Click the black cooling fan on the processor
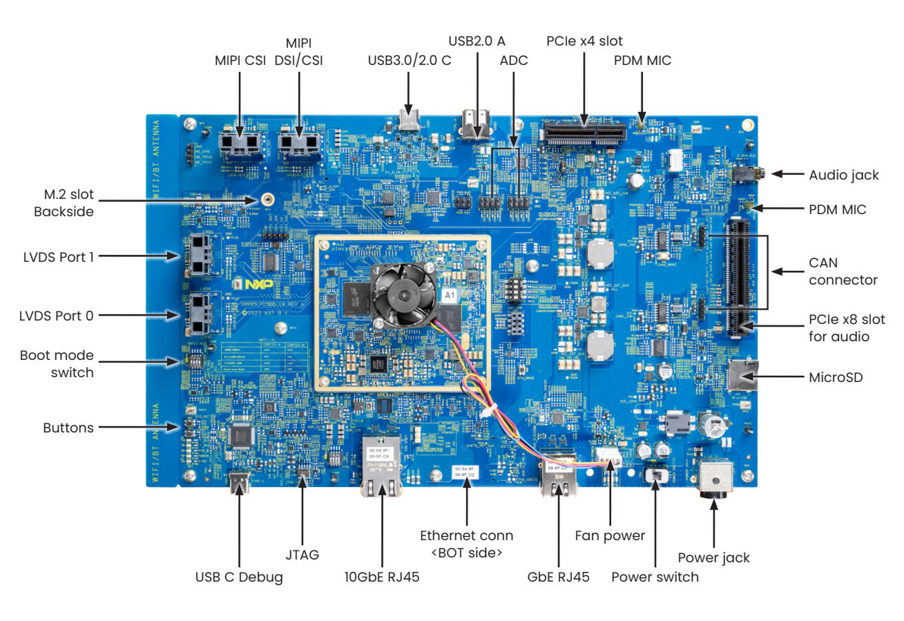click(401, 294)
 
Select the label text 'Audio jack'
click(844, 175)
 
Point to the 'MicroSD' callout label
click(834, 378)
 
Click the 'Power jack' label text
click(713, 557)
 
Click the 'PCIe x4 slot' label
click(584, 41)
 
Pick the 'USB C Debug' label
click(239, 577)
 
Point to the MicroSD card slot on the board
click(742, 377)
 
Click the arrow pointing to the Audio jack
click(783, 175)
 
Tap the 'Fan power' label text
click(610, 535)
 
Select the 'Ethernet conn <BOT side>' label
click(467, 544)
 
